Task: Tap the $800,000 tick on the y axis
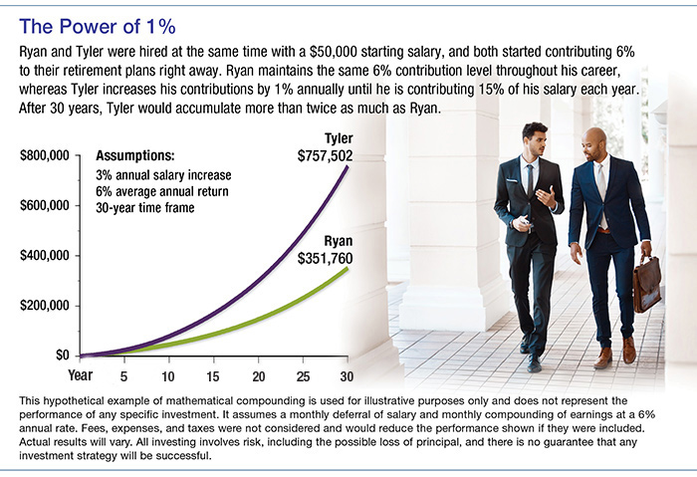pyautogui.click(x=44, y=157)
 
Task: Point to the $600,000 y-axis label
pyautogui.click(x=44, y=206)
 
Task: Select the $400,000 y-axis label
pyautogui.click(x=44, y=256)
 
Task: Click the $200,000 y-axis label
pyautogui.click(x=44, y=306)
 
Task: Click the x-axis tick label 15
pyautogui.click(x=213, y=376)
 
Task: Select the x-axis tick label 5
pyautogui.click(x=123, y=376)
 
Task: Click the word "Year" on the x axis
pyautogui.click(x=81, y=376)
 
